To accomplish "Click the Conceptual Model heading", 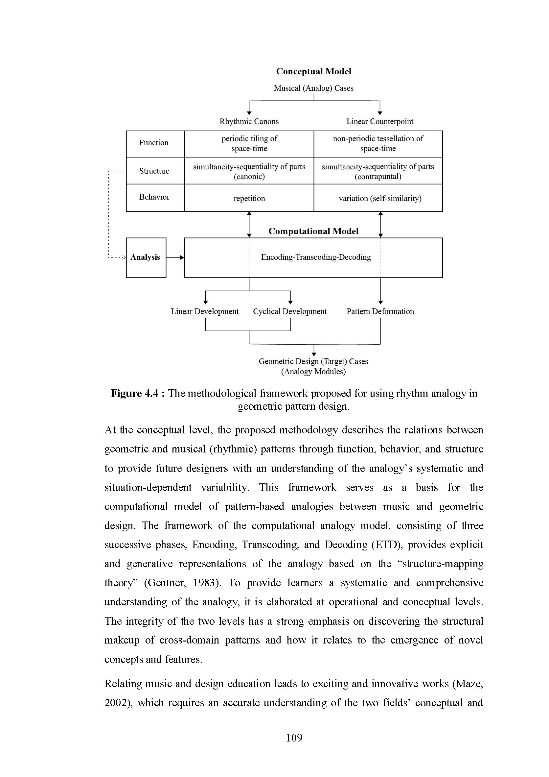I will click(313, 71).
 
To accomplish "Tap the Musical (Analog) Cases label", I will click(313, 88).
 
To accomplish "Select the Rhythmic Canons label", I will click(249, 121).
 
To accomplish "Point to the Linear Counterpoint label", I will click(380, 121).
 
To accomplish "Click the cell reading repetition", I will click(249, 198).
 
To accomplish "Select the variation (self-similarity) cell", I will click(380, 198).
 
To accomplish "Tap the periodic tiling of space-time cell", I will click(249, 143).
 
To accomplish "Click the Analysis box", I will click(146, 257).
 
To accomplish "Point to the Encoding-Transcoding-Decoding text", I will click(316, 257).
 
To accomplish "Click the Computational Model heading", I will click(313, 231).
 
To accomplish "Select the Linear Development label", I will click(205, 311).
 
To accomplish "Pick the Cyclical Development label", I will click(290, 311).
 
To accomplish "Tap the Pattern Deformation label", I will click(380, 311).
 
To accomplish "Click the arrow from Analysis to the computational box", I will click(175, 257).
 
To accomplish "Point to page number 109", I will click(294, 738).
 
